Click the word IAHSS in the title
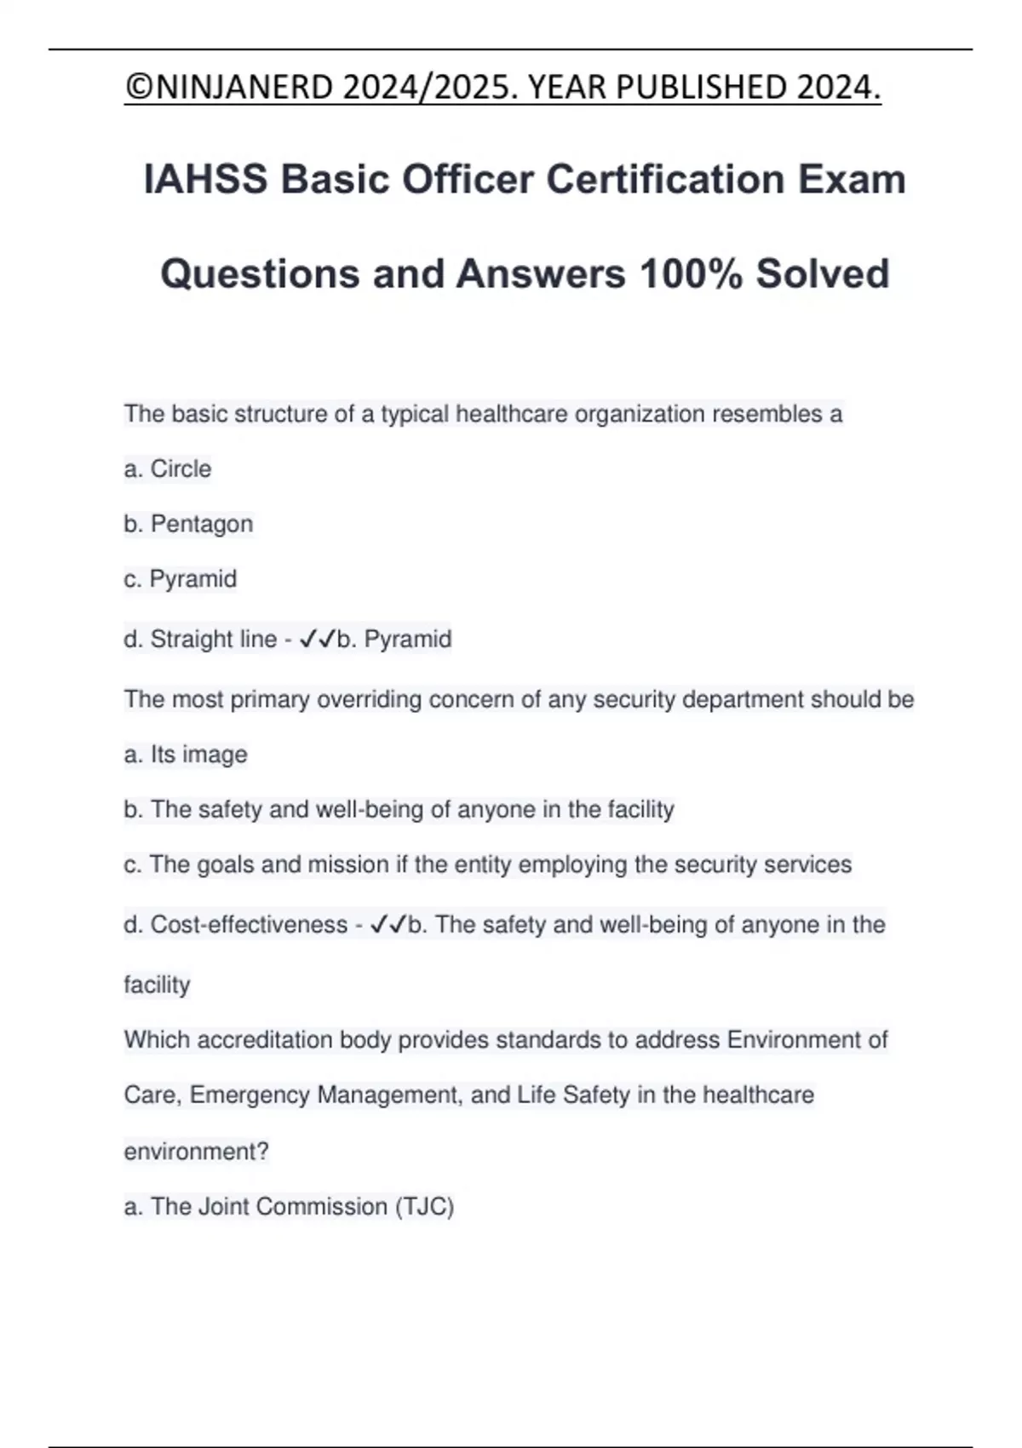(x=205, y=180)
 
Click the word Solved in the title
(x=823, y=274)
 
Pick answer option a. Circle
(x=168, y=469)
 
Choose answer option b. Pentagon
(x=188, y=524)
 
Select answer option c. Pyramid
(x=181, y=579)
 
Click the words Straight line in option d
(x=213, y=639)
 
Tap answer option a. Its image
(x=186, y=755)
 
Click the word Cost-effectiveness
(x=249, y=925)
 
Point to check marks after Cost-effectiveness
(x=388, y=925)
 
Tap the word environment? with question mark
(x=196, y=1152)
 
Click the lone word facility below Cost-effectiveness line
(x=157, y=985)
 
